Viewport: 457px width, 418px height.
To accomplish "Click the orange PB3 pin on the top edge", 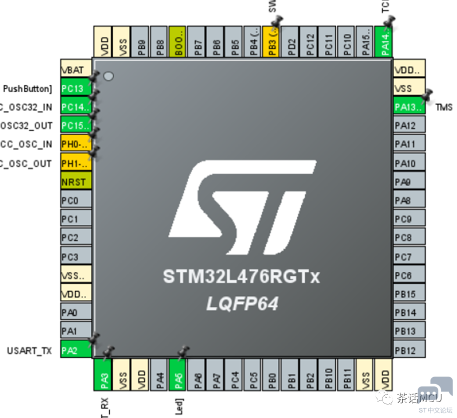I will (271, 42).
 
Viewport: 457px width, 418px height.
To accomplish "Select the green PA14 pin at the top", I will (384, 42).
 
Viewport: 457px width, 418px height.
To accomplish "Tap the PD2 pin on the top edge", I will (290, 42).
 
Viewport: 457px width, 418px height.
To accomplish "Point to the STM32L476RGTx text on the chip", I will (241, 276).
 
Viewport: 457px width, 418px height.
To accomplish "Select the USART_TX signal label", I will (29, 351).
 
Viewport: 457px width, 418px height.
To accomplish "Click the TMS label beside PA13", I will (444, 107).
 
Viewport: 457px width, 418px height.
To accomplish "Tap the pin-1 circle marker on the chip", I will (108, 77).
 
